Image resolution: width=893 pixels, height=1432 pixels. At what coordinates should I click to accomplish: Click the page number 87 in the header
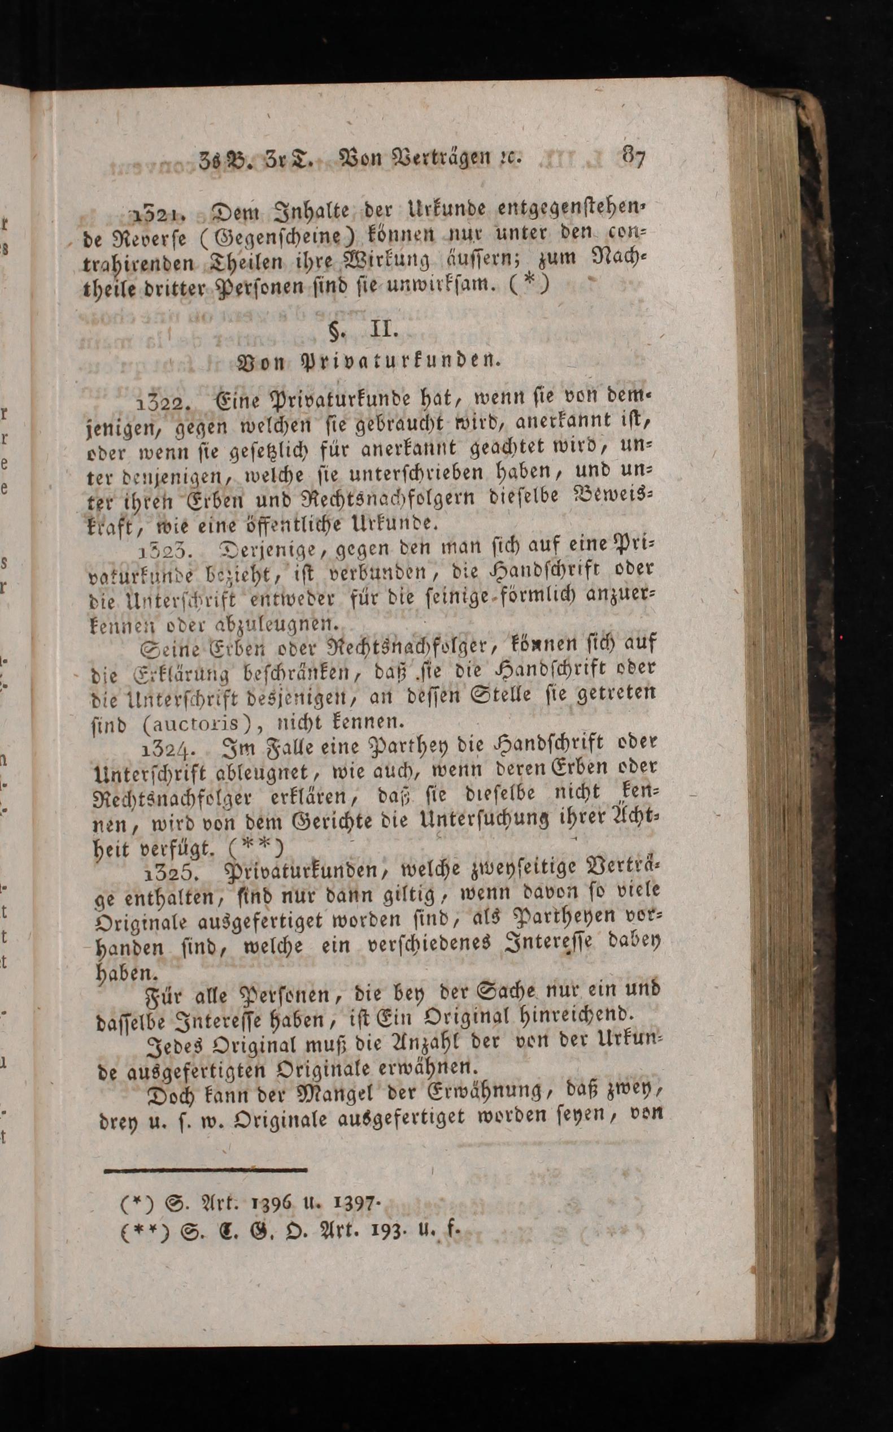(x=634, y=157)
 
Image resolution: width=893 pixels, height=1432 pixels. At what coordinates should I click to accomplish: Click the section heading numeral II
(x=383, y=328)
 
